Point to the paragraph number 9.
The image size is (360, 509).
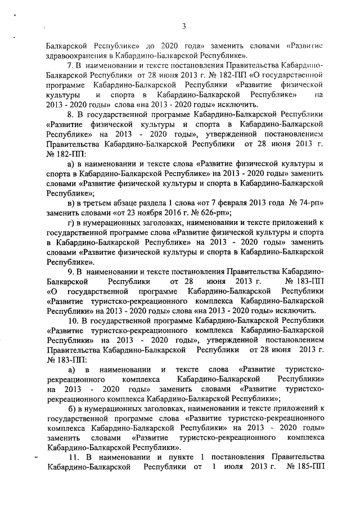pyautogui.click(x=70, y=272)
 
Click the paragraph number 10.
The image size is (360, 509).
pyautogui.click(x=71, y=320)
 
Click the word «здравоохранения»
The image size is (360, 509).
pyautogui.click(x=76, y=56)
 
